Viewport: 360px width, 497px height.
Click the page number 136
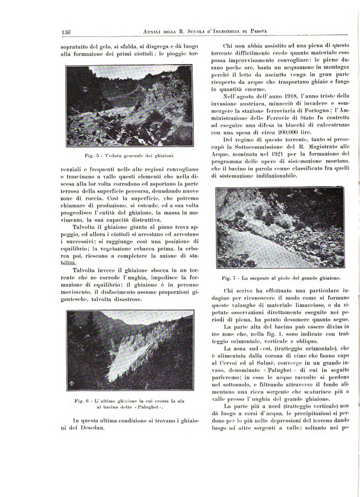coord(69,32)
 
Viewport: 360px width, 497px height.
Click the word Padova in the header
coord(283,32)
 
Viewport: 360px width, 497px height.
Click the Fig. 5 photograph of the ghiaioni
coord(129,107)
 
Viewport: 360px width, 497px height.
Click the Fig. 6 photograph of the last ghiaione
coord(129,350)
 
